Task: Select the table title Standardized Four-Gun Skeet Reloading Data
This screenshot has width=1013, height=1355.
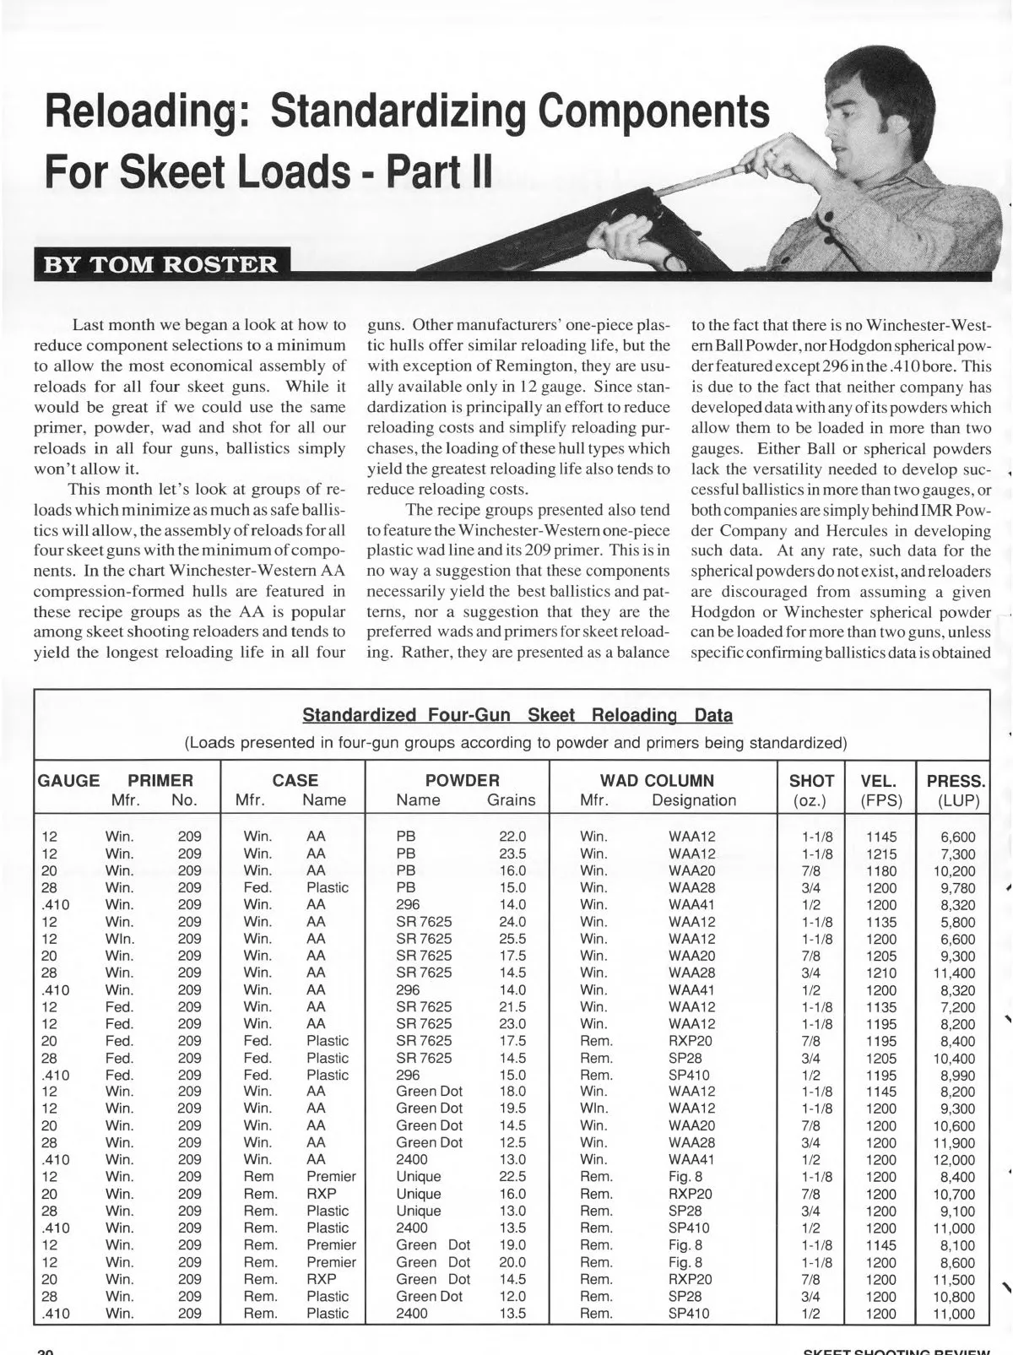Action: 517,716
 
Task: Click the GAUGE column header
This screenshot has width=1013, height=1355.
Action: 68,781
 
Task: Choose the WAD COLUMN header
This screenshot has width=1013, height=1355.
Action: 657,781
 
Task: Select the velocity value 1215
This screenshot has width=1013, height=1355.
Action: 882,854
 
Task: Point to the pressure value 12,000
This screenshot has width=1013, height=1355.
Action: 954,1160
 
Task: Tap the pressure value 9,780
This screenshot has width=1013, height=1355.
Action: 957,888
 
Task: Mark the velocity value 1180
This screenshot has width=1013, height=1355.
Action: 882,871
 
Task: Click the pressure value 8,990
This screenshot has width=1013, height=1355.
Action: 957,1075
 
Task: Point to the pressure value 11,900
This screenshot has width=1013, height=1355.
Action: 954,1142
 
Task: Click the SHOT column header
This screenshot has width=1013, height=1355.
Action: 811,781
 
